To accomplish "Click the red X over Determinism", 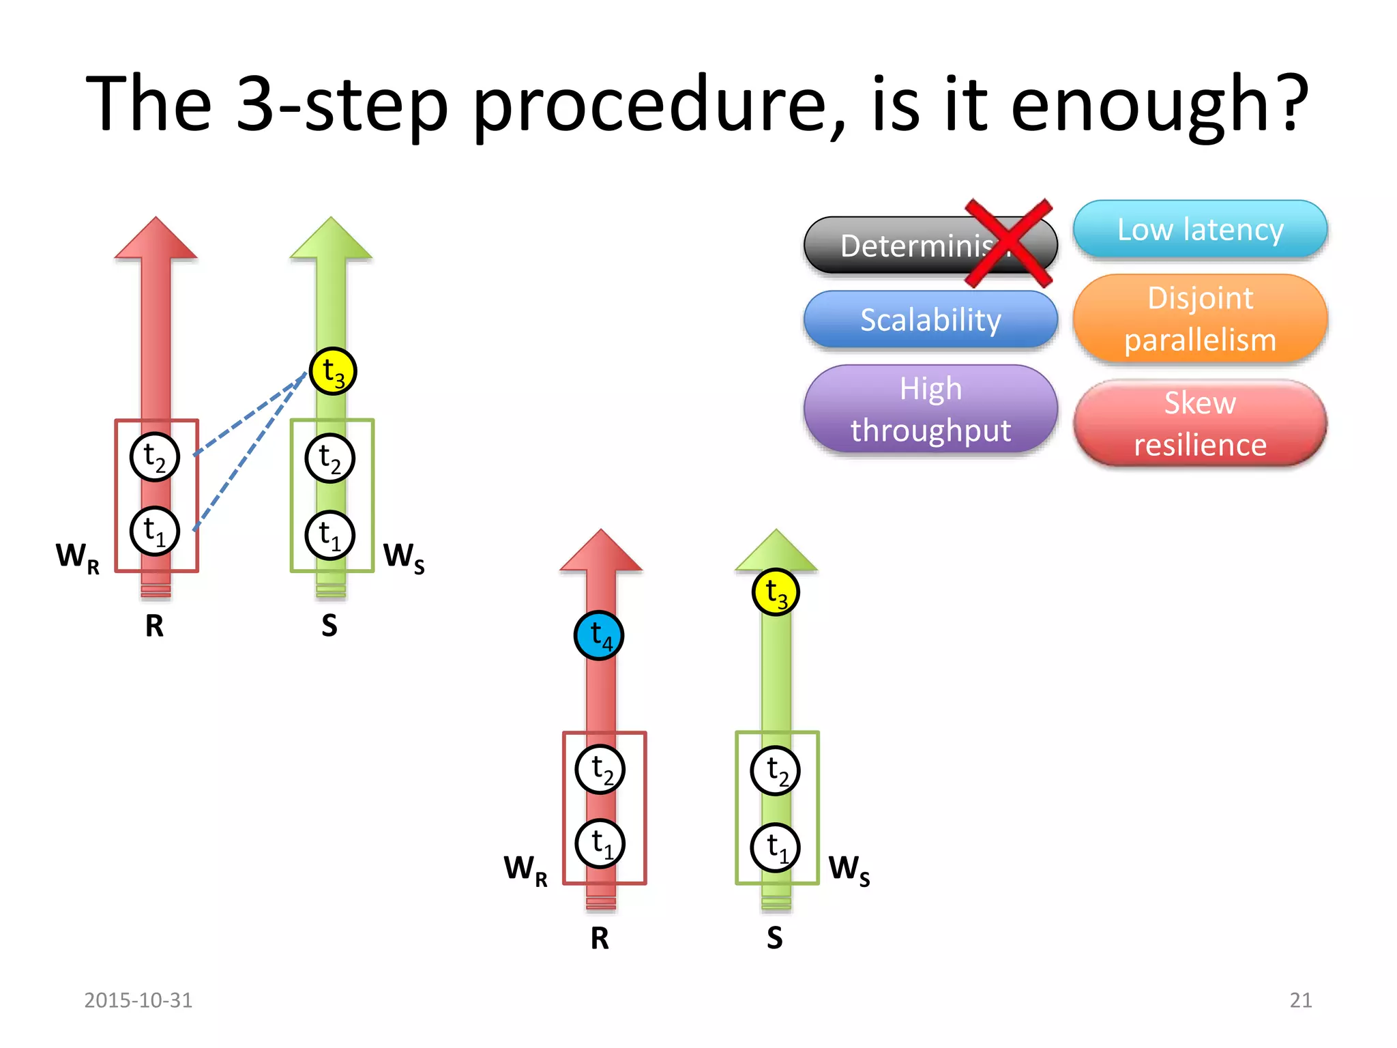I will click(x=1008, y=244).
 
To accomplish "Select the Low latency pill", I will click(x=1200, y=229).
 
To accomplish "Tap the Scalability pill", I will click(x=930, y=319).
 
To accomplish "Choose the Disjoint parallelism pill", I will click(x=1200, y=319).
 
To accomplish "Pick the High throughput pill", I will click(x=930, y=409).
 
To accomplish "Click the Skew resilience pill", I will click(x=1200, y=424).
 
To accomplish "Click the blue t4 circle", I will click(x=599, y=635).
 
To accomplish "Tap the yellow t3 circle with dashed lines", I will click(x=333, y=371).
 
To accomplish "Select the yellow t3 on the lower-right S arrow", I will click(x=776, y=592).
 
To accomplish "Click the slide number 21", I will click(x=1300, y=1000).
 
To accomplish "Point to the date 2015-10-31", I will click(x=138, y=1000).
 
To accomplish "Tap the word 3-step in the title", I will click(x=342, y=106).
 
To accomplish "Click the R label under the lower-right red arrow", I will click(x=600, y=938).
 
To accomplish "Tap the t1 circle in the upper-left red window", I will click(x=155, y=532).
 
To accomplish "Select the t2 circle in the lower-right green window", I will click(x=775, y=771).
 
